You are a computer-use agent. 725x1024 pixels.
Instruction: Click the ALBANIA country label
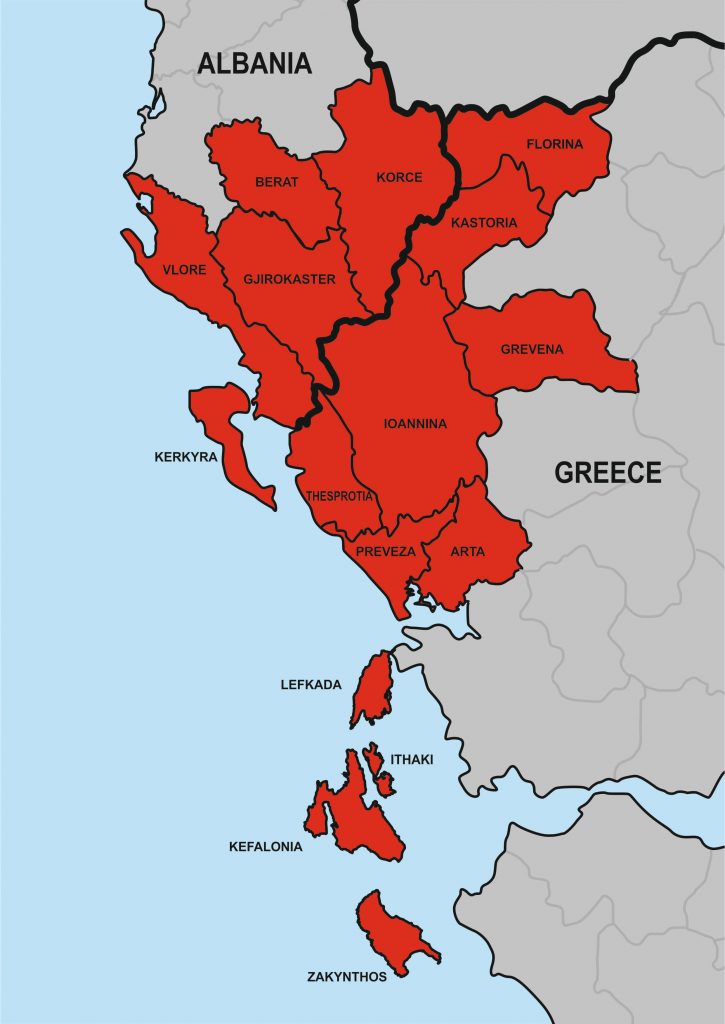(254, 63)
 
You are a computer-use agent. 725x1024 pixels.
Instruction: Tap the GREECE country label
(608, 472)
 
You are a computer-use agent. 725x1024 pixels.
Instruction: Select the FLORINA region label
(554, 144)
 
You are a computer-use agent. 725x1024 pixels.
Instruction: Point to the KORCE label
(399, 178)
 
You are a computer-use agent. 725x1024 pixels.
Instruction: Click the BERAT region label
(277, 182)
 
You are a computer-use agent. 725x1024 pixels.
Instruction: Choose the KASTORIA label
(484, 223)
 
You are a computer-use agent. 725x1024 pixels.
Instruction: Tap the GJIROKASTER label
(289, 279)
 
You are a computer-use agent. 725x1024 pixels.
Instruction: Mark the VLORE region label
(184, 268)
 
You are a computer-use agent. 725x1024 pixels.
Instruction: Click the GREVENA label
(532, 349)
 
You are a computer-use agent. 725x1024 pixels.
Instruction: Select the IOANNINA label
(415, 423)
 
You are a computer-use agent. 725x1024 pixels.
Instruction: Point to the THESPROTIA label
(340, 496)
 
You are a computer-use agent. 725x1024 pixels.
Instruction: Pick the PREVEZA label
(385, 551)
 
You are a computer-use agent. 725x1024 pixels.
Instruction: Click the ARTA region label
(467, 551)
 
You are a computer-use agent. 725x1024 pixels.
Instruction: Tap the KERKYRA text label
(185, 457)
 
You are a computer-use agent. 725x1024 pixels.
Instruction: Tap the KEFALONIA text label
(265, 846)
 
